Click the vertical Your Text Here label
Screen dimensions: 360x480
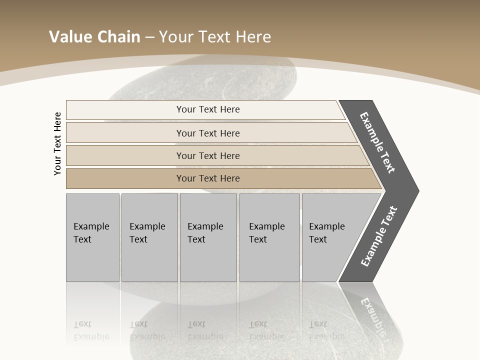[57, 143]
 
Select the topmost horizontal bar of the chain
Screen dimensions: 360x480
[207, 109]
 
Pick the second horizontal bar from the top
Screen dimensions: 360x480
[207, 133]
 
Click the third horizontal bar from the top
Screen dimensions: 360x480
[207, 155]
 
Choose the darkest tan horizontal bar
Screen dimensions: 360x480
[207, 178]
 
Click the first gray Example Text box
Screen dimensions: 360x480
[92, 237]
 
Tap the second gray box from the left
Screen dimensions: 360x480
[149, 237]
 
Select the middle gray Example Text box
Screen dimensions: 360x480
[208, 237]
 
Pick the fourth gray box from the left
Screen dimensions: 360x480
[269, 237]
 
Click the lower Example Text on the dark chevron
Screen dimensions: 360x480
[379, 236]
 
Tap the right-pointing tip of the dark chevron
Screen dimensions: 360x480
[415, 190]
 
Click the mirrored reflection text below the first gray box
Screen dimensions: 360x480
[91, 330]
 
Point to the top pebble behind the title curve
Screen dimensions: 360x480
[205, 80]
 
